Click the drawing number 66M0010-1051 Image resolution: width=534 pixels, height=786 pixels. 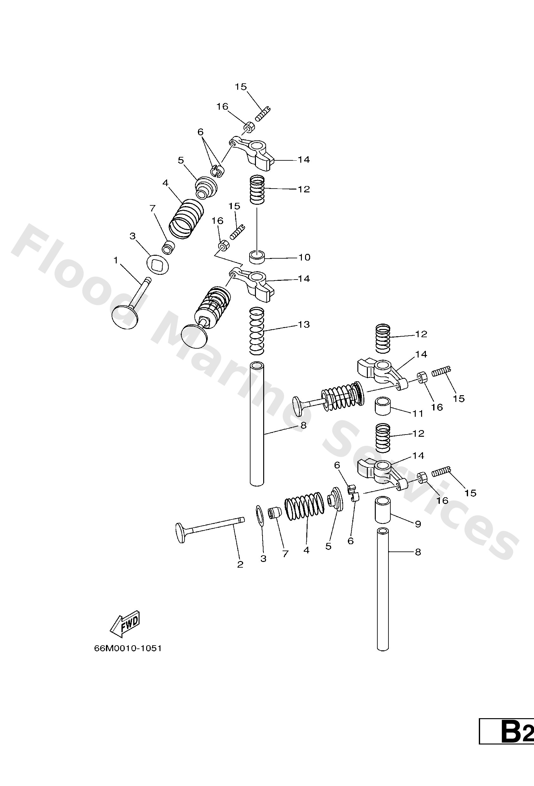pyautogui.click(x=127, y=648)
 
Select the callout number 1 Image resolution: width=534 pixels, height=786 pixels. pyautogui.click(x=116, y=260)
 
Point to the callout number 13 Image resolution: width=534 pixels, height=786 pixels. pyautogui.click(x=303, y=324)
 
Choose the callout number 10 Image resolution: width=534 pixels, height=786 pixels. pyautogui.click(x=304, y=257)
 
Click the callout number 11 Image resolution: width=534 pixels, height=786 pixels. pyautogui.click(x=418, y=413)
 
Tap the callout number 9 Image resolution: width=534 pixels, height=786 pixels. pyautogui.click(x=418, y=524)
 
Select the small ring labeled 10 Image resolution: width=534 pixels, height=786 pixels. pyautogui.click(x=257, y=257)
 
